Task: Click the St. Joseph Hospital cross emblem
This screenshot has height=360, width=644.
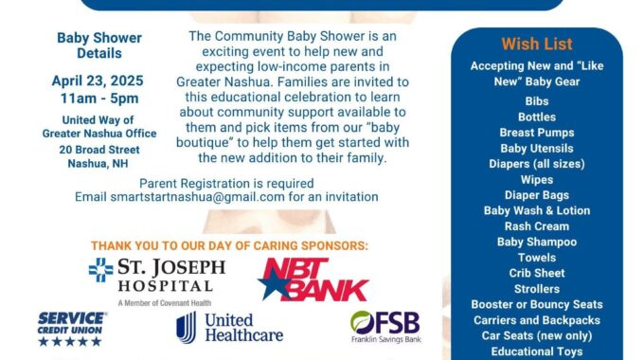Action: point(101,270)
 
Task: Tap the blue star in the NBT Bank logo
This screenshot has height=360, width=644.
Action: point(275,283)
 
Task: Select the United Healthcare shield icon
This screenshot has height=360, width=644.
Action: point(186,327)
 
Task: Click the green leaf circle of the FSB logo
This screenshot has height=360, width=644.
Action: point(362,322)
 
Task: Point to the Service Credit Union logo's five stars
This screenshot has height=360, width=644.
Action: point(70,341)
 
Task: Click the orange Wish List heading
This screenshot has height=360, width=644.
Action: point(537,44)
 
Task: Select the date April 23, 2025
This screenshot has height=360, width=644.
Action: point(98,81)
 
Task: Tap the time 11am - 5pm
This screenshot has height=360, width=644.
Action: point(99,99)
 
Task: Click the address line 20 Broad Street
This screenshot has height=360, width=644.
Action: point(99,150)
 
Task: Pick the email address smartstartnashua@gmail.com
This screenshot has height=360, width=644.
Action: point(197,197)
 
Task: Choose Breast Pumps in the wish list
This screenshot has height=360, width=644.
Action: point(537,133)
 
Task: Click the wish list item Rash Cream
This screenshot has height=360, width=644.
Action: point(537,226)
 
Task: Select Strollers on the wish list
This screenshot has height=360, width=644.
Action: point(537,289)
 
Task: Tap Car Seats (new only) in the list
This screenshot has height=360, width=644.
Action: point(537,335)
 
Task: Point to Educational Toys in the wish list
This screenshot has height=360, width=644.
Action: point(537,351)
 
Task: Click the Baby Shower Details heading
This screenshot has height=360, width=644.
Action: point(99,45)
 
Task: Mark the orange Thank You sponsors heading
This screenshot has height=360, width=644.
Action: point(229,245)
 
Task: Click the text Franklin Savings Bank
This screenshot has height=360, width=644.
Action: point(386,339)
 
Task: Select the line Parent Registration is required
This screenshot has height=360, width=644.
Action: point(226,183)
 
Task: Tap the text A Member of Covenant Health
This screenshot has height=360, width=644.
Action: point(164,303)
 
